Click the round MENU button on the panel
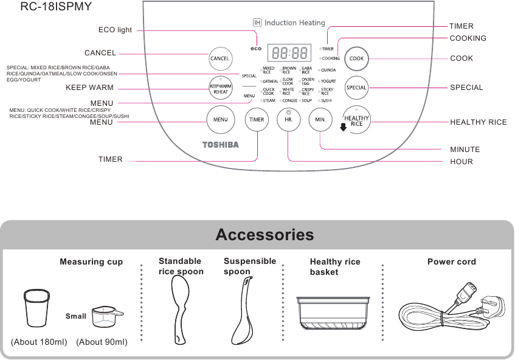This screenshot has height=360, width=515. tap(220, 119)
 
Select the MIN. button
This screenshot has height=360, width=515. tap(320, 119)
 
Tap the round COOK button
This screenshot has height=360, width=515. tap(356, 59)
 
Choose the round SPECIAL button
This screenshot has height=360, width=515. tap(356, 88)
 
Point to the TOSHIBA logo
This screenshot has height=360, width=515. tap(220, 145)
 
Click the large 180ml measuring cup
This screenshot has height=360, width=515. tap(36, 308)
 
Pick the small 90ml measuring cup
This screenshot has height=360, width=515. tap(105, 317)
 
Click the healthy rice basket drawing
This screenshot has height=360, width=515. tap(333, 311)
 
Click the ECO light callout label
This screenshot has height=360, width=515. tap(115, 30)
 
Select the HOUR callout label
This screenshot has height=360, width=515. tap(461, 162)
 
